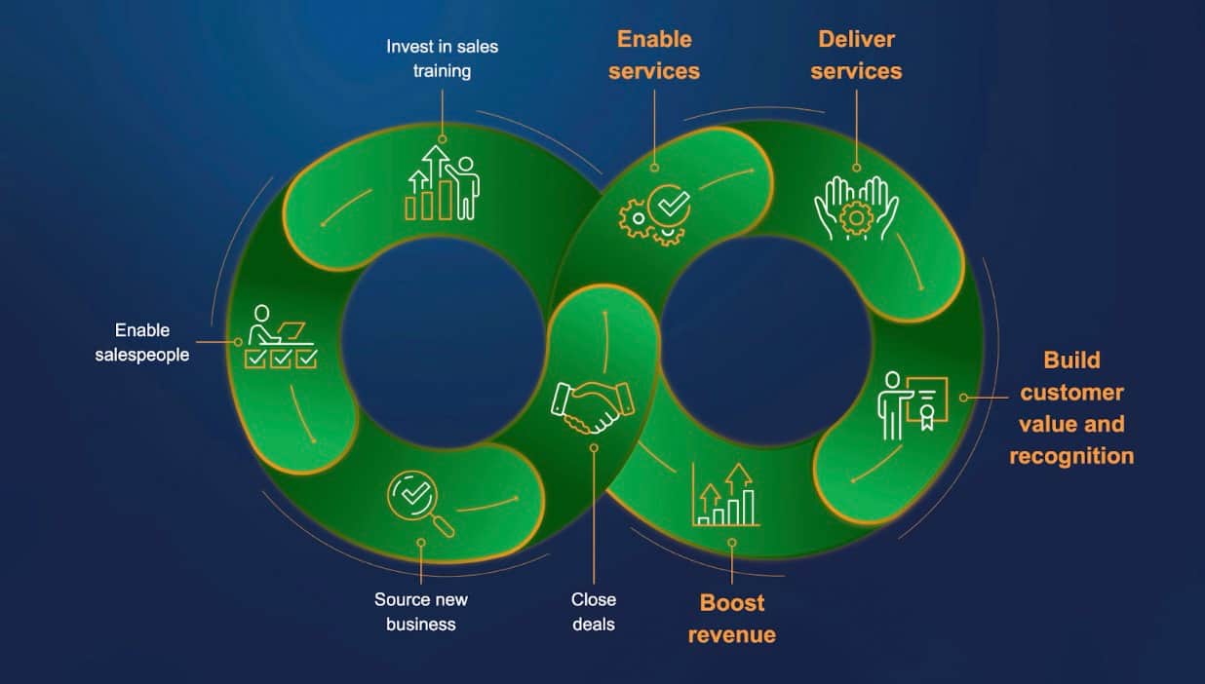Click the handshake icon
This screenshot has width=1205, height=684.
[592, 406]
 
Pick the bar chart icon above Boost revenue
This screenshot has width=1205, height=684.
[726, 495]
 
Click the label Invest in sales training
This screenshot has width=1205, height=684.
[442, 58]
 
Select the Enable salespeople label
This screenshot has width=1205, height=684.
[142, 343]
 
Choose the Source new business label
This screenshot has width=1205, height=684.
[420, 612]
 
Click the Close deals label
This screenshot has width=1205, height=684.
[594, 612]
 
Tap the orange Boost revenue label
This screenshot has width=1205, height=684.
[732, 619]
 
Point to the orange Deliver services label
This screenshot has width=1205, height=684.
[856, 55]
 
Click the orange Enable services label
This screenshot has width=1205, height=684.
[654, 55]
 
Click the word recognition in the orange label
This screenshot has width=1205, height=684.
[1071, 456]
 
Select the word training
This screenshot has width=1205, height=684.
[442, 71]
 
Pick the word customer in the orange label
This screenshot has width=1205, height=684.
[1071, 393]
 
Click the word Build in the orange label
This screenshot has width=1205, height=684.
[1071, 361]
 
